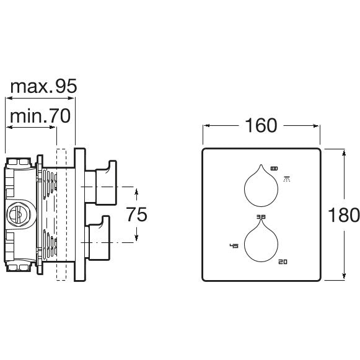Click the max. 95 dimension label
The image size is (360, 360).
[x=43, y=86]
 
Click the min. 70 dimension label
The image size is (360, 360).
[x=40, y=116]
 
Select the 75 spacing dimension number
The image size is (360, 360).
[x=137, y=214]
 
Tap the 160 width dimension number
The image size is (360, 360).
[x=261, y=125]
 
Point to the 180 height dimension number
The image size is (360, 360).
[x=344, y=214]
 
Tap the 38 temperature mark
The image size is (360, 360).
[x=261, y=217]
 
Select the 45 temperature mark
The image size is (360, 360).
[x=234, y=246]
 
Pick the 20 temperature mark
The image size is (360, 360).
[x=283, y=261]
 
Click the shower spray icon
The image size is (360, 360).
[x=287, y=179]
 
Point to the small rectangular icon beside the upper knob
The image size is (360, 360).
[x=274, y=169]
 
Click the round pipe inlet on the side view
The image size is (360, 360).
[x=19, y=214]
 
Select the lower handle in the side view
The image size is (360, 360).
[x=97, y=238]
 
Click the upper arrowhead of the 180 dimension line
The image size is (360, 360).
[x=344, y=152]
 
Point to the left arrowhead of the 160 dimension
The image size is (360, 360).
[x=207, y=126]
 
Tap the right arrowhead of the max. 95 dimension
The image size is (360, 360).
[x=72, y=98]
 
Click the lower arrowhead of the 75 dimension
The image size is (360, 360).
[x=136, y=237]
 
